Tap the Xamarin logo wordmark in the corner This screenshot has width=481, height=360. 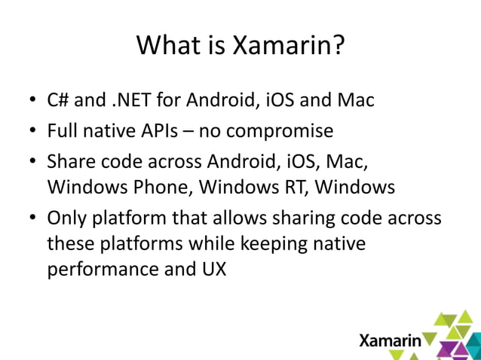pyautogui.click(x=390, y=340)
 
